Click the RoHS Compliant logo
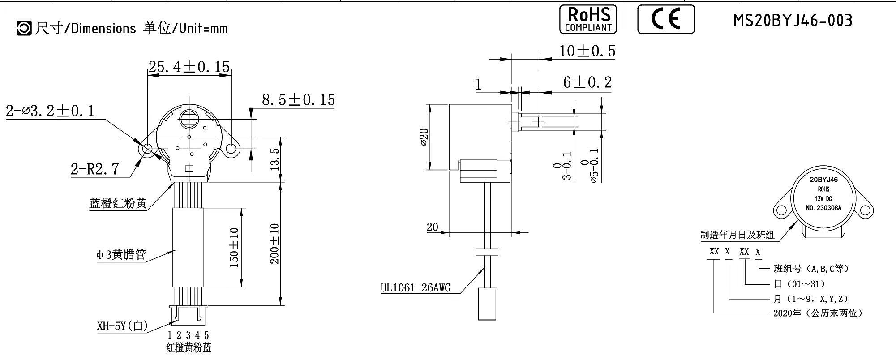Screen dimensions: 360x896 (x=588, y=19)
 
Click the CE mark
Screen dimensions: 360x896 (x=666, y=19)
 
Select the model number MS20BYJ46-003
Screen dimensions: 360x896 (x=793, y=21)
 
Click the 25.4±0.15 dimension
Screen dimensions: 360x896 (x=189, y=67)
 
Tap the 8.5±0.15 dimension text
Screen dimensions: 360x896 (x=298, y=99)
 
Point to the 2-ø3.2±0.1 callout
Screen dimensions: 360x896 (x=50, y=111)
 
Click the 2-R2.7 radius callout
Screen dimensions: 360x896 (x=95, y=169)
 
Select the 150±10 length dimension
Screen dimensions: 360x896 (x=234, y=248)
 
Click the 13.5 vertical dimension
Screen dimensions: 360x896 (x=274, y=158)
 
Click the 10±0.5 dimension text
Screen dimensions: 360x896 (x=587, y=51)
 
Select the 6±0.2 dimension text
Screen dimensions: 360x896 (x=587, y=82)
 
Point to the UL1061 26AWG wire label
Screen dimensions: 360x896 (x=415, y=287)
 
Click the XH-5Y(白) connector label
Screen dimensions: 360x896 (x=122, y=326)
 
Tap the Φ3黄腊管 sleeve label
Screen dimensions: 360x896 (x=121, y=255)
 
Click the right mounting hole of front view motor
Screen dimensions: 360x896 (x=232, y=149)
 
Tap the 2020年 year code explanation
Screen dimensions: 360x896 (x=817, y=313)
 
